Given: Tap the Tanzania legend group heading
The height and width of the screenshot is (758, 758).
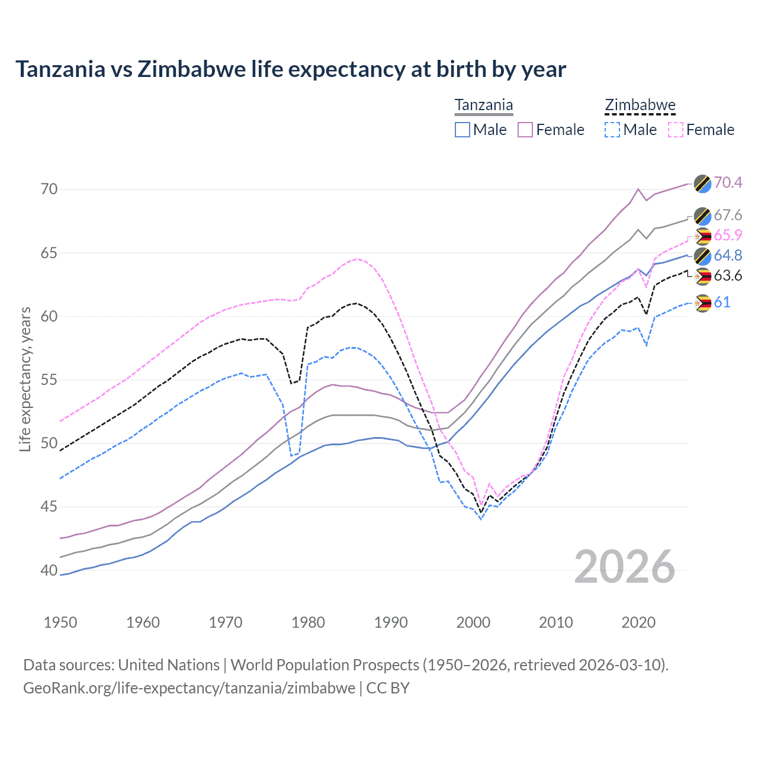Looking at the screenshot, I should click(484, 105).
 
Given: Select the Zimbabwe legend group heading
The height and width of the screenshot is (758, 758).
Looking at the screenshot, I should click(640, 105).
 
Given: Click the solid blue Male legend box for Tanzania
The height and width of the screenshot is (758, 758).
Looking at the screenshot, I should click(462, 130).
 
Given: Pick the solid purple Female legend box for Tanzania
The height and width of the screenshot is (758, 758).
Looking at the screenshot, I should click(525, 130).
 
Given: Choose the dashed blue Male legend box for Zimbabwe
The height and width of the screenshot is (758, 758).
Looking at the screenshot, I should click(612, 130).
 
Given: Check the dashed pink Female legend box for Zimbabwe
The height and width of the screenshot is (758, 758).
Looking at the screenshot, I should click(676, 130).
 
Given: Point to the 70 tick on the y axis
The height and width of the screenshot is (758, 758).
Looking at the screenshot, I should click(49, 189).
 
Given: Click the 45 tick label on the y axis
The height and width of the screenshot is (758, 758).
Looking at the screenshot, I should click(49, 507).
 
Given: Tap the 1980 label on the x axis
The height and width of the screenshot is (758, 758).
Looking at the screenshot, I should click(308, 622).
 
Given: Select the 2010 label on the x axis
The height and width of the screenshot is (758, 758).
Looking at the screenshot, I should click(555, 622).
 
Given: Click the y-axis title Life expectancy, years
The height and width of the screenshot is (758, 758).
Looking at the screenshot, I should click(25, 379).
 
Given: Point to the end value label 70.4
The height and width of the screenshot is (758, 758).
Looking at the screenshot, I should click(728, 182).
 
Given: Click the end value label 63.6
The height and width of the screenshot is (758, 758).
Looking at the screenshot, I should click(728, 276).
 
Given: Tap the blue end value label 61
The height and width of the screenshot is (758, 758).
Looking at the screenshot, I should click(722, 303).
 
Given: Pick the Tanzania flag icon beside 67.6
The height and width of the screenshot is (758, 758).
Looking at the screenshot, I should click(702, 216).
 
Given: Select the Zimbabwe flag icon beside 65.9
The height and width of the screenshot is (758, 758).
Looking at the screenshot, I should click(702, 236).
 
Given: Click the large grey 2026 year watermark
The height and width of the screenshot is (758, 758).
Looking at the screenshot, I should click(625, 567).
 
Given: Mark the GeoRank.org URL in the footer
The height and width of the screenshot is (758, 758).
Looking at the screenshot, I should click(189, 688).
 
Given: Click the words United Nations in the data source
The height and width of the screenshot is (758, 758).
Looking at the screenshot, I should click(169, 665).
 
